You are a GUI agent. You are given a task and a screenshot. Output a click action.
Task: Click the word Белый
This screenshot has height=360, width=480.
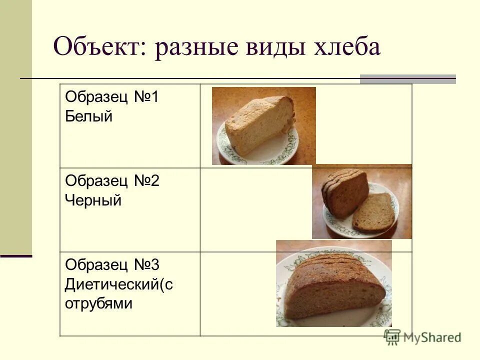(89, 116)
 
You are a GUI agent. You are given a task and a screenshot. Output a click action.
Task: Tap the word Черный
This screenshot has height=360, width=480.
(93, 200)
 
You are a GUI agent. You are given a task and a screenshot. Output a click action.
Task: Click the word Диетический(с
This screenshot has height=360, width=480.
(118, 284)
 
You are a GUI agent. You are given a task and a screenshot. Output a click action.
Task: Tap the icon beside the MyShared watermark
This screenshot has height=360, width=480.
(392, 337)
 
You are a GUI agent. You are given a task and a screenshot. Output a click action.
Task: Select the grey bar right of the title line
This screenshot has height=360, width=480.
(408, 78)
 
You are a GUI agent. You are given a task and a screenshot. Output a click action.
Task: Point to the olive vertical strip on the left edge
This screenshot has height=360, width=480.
(15, 125)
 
